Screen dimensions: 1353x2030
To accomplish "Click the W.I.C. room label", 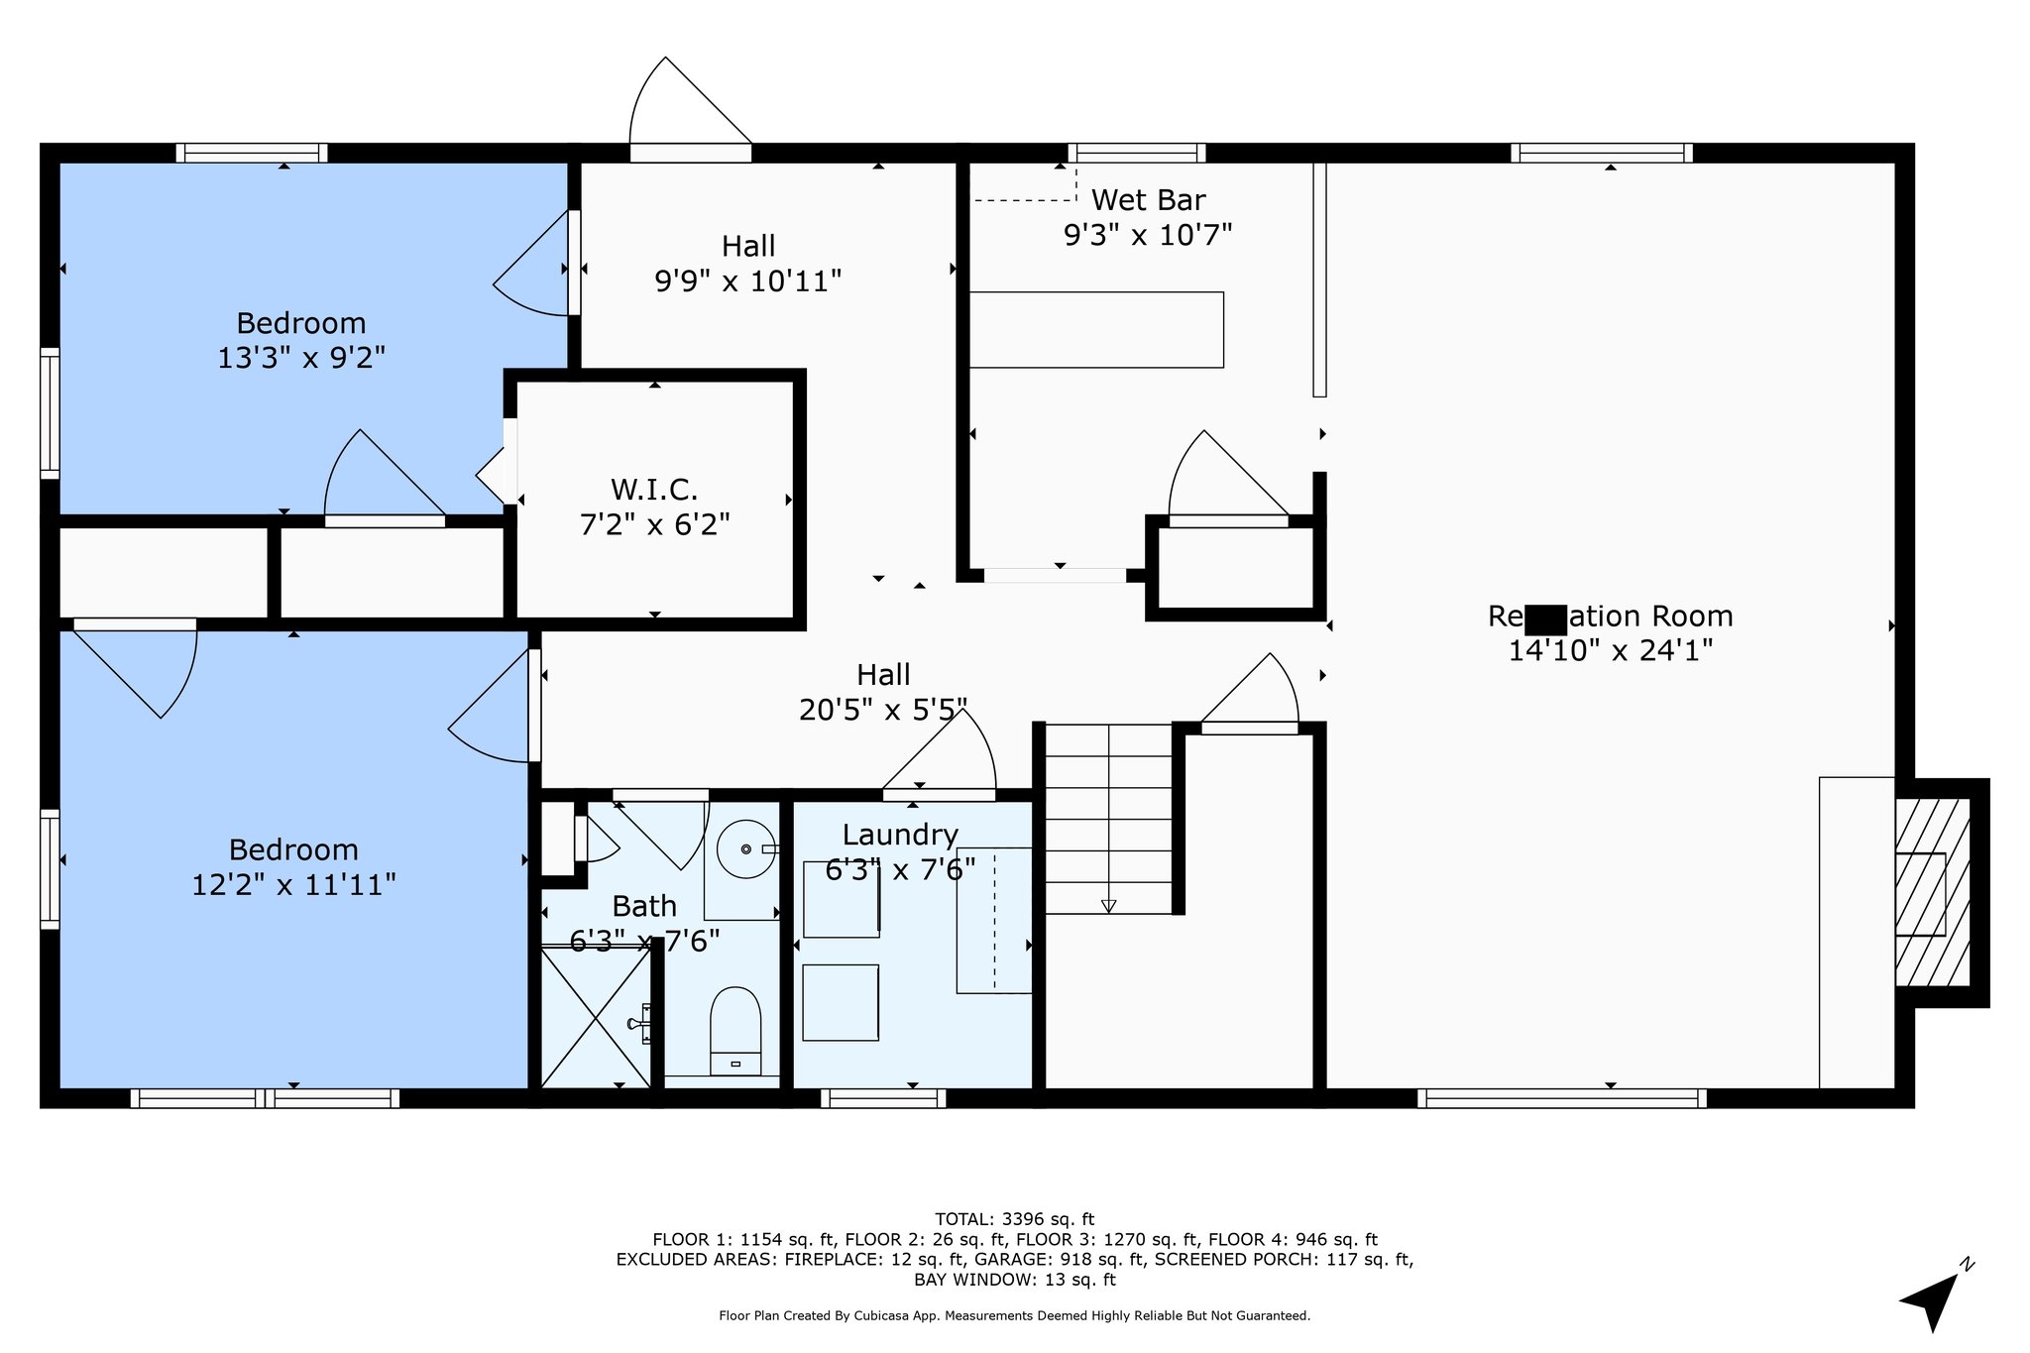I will click(x=654, y=489).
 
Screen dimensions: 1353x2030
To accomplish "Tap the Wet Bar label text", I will click(x=1148, y=200).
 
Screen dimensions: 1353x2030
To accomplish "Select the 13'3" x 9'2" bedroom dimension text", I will click(x=301, y=358).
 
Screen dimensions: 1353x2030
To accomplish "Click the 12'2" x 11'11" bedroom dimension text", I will click(x=293, y=884).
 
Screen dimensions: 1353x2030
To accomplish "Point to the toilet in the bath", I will click(x=735, y=1029).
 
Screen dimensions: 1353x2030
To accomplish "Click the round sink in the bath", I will click(x=745, y=849).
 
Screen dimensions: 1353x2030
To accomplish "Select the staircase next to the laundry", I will click(x=1109, y=819).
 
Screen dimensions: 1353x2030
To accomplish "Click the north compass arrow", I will click(x=1934, y=1299).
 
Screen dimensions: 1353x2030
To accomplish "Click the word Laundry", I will click(x=900, y=835).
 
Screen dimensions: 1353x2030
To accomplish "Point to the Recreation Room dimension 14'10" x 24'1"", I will click(x=1611, y=650).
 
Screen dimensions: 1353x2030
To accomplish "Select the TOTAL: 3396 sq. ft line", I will click(x=1014, y=1219).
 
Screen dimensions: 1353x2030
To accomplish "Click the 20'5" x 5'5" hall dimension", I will click(x=883, y=710).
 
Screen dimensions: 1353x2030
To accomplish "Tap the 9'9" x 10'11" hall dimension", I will click(x=748, y=282).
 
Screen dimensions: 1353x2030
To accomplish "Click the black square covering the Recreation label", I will click(x=1546, y=620).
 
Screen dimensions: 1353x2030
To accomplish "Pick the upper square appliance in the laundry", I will click(x=841, y=899).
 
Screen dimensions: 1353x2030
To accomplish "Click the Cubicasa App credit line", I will click(x=1014, y=1315).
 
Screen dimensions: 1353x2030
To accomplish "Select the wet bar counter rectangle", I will click(x=1096, y=330).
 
